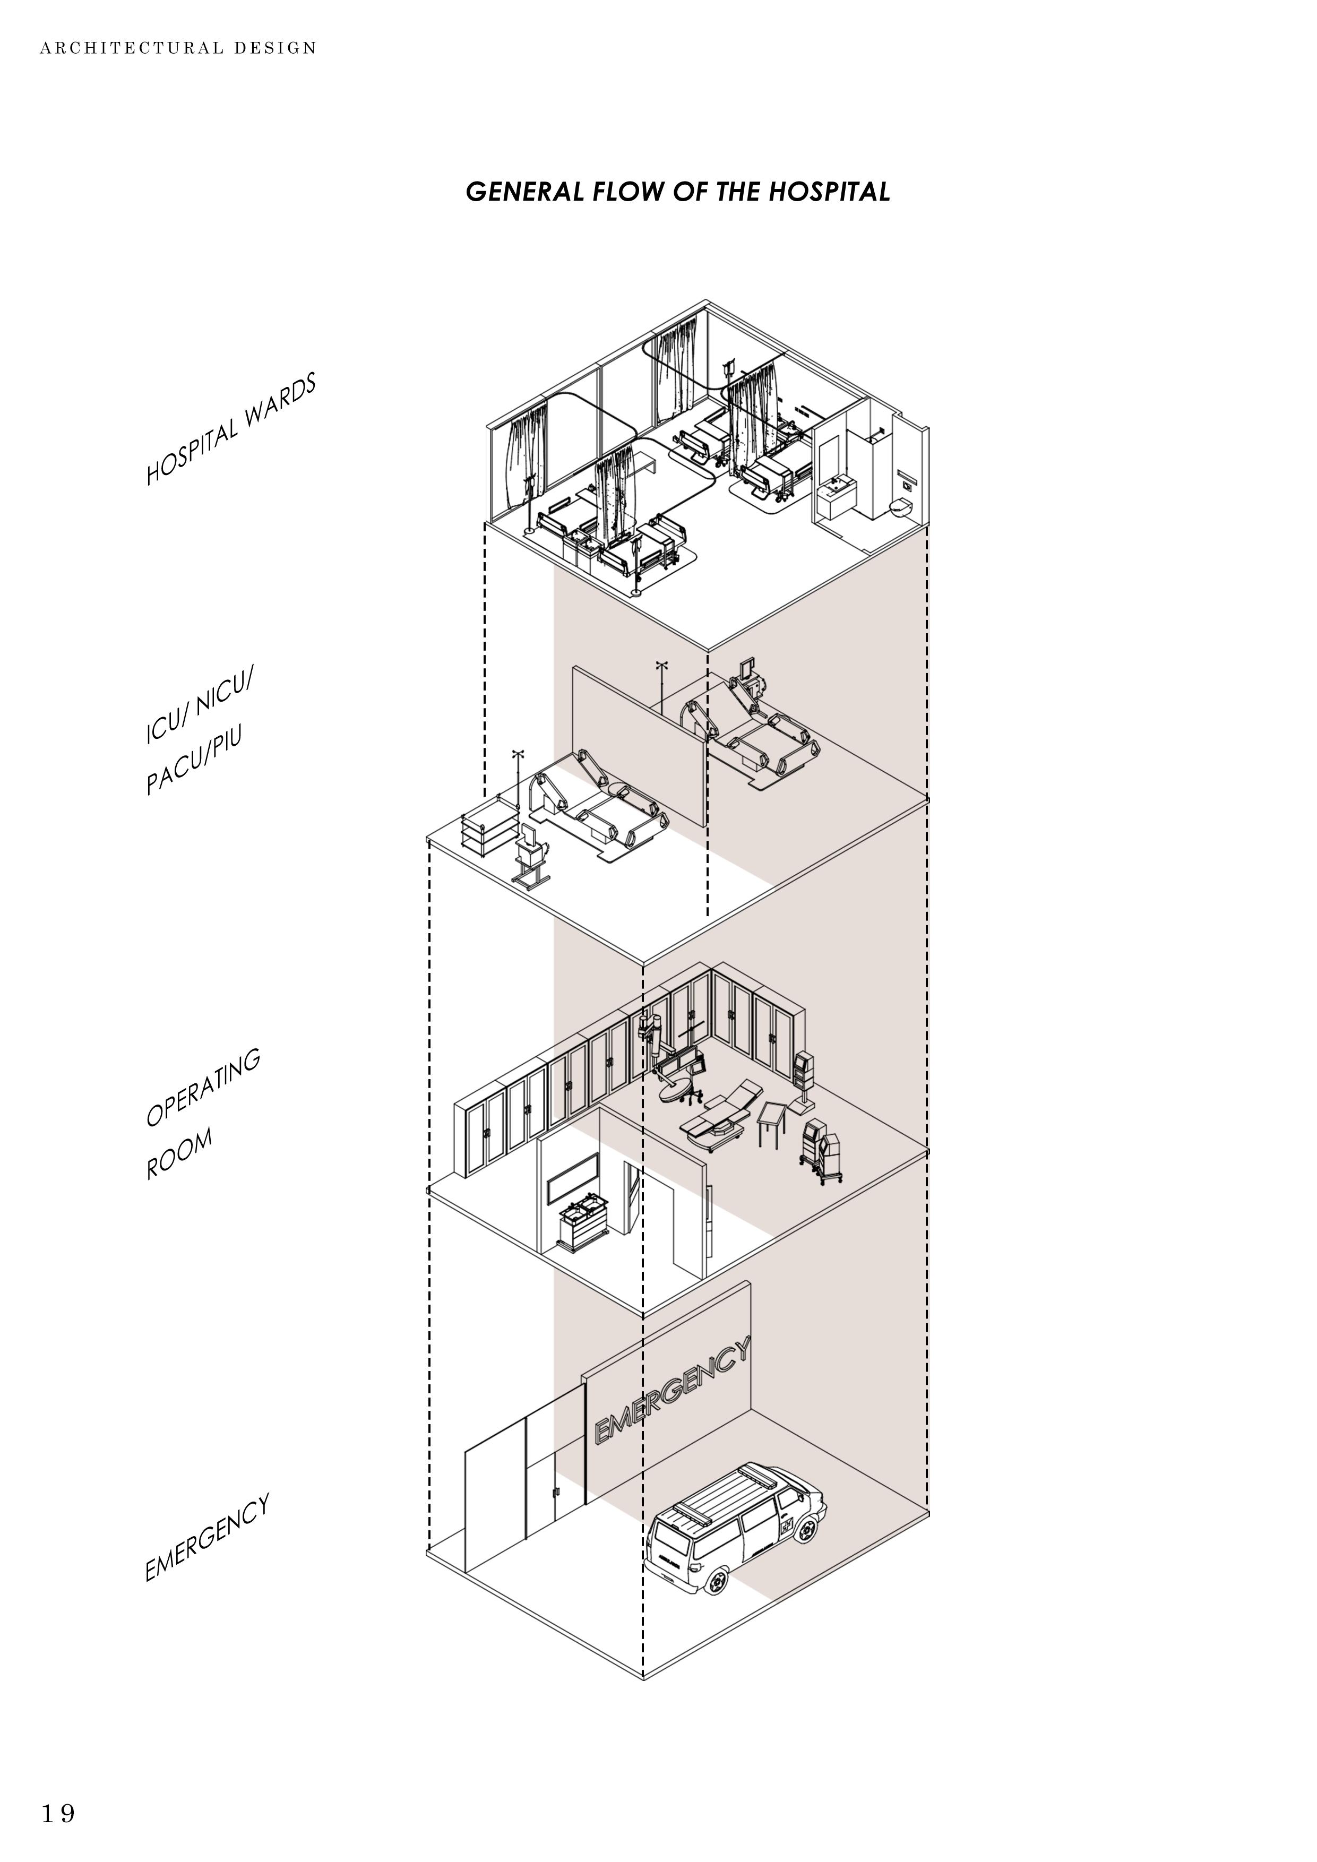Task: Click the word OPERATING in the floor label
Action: click(x=203, y=1088)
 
